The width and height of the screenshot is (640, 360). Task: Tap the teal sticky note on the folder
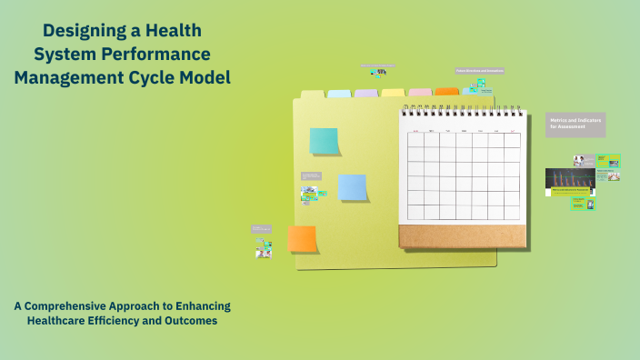click(324, 141)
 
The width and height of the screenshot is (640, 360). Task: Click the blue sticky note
click(352, 186)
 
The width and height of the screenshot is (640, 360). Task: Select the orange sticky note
click(302, 239)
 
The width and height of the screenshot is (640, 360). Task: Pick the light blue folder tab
click(339, 94)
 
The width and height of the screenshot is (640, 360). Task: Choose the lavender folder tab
click(366, 94)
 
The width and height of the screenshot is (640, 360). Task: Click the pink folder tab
click(420, 93)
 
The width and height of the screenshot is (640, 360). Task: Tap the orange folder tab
click(447, 92)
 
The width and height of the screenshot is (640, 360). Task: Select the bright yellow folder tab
click(393, 93)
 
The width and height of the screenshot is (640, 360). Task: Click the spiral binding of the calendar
click(463, 112)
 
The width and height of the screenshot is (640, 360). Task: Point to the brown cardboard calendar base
click(462, 236)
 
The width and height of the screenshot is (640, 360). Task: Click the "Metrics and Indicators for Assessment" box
click(575, 125)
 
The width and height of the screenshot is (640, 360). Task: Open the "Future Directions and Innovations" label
click(479, 70)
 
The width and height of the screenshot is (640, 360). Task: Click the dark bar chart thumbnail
click(570, 182)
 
